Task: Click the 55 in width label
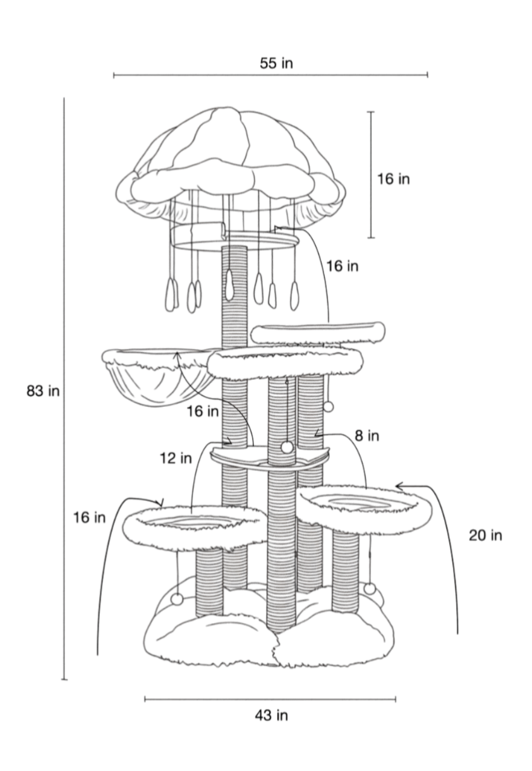pyautogui.click(x=276, y=63)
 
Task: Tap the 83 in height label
pyautogui.click(x=44, y=391)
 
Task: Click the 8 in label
pyautogui.click(x=367, y=436)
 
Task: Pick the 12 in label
pyautogui.click(x=176, y=458)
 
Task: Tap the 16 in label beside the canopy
pyautogui.click(x=394, y=179)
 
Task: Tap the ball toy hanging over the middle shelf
pyautogui.click(x=287, y=447)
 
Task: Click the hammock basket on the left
pyautogui.click(x=159, y=376)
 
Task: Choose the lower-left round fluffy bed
pyautogui.click(x=195, y=528)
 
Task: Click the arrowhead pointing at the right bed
pyautogui.click(x=399, y=486)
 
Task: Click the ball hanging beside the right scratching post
pyautogui.click(x=329, y=407)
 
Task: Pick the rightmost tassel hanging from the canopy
pyautogui.click(x=294, y=295)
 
